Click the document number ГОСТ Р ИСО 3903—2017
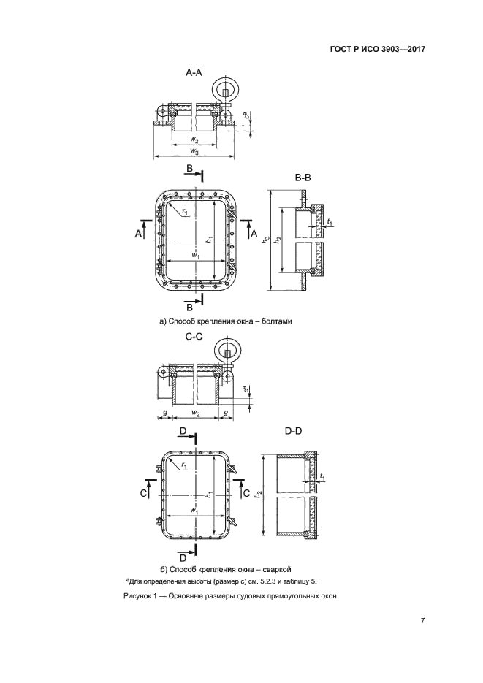tap(378, 49)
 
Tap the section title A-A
tap(194, 73)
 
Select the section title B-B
tap(303, 178)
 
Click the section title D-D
tap(293, 431)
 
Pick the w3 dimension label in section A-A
tap(194, 151)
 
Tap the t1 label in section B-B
tap(330, 224)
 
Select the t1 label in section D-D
tap(322, 478)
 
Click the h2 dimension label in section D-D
tap(259, 494)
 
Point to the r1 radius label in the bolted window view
tap(185, 212)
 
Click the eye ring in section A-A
tap(225, 90)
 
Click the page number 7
tap(422, 621)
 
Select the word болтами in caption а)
tap(278, 322)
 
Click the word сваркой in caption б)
tap(276, 569)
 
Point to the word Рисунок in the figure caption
tap(137, 596)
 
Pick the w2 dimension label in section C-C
tap(196, 413)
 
